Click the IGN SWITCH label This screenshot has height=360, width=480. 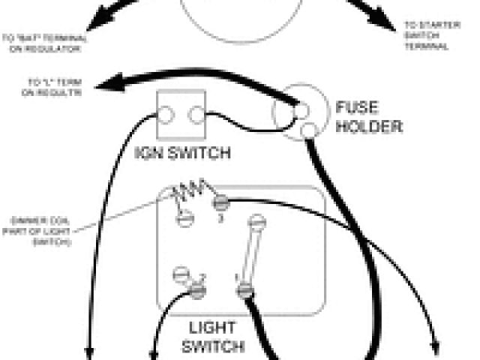[181, 154]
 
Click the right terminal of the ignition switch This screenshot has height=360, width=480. [196, 115]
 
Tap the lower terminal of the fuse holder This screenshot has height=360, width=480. [306, 133]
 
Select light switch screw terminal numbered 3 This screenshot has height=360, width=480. [220, 202]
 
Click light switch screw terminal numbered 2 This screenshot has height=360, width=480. [199, 289]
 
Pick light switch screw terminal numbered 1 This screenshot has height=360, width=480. [244, 289]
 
